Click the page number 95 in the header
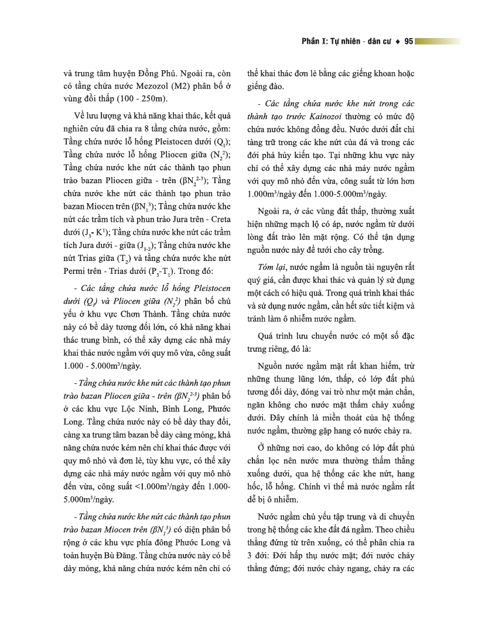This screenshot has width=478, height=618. pos(408,42)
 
